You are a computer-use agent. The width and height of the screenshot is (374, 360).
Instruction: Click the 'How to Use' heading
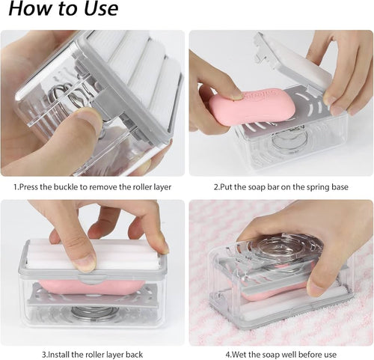pos(64,8)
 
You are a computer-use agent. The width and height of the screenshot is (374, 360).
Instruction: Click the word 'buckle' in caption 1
pos(66,187)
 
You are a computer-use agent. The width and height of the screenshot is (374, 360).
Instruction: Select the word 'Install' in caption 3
pos(58,354)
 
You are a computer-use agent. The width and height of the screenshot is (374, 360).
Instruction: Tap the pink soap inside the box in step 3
pos(92,287)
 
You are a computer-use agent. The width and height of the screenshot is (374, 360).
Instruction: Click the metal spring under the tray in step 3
pos(91,312)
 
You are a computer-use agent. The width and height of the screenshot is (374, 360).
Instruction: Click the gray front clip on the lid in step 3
pos(93,278)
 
